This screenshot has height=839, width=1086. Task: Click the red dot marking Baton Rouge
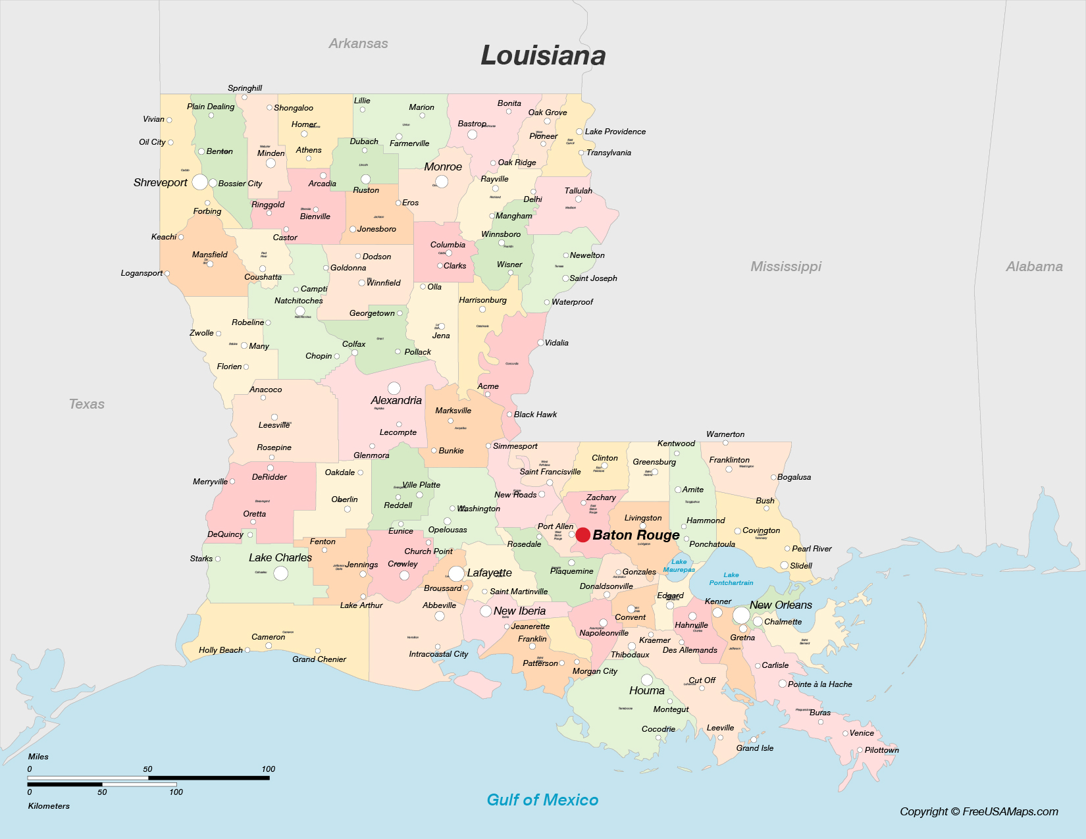click(582, 534)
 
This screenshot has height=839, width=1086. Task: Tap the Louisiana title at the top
click(543, 55)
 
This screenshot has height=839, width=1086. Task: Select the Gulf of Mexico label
click(542, 800)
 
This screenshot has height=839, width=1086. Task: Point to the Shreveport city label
click(160, 182)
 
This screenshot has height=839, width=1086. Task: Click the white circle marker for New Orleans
click(741, 615)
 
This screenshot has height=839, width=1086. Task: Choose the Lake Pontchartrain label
click(731, 578)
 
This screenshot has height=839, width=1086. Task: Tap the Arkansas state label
click(358, 43)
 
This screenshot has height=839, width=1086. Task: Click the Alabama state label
click(1034, 267)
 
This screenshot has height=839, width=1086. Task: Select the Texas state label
click(87, 404)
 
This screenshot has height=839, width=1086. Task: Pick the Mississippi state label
click(786, 267)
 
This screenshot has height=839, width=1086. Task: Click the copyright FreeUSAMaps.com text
click(979, 811)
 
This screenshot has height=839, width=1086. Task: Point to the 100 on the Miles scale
click(268, 769)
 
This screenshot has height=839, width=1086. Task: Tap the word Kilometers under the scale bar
click(49, 805)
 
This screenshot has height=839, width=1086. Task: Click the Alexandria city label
click(396, 400)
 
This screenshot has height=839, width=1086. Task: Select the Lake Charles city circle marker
click(280, 573)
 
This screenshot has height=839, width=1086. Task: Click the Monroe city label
click(443, 166)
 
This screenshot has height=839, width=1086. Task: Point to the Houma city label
click(646, 690)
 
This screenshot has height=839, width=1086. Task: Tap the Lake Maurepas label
click(679, 565)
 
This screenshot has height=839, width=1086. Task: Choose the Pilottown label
click(881, 750)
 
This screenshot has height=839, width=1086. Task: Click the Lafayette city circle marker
click(456, 573)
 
